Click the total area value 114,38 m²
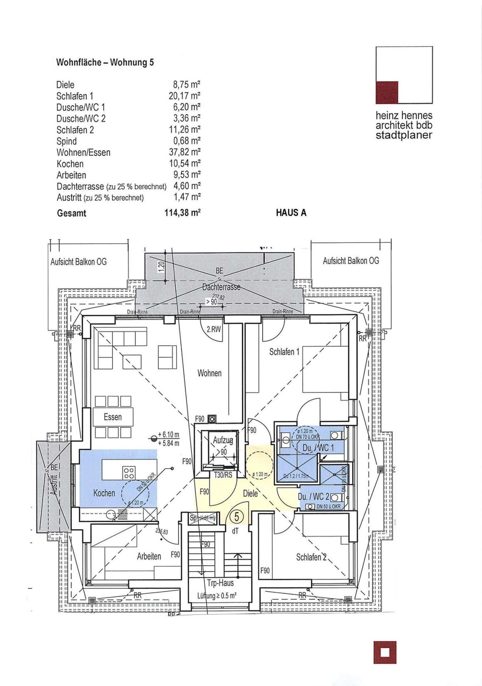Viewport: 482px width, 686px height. click(x=183, y=213)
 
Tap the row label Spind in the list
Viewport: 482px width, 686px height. click(x=66, y=141)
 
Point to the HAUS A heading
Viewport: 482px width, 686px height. click(x=291, y=213)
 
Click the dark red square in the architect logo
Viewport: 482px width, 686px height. click(x=387, y=92)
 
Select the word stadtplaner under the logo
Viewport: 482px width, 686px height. click(x=404, y=135)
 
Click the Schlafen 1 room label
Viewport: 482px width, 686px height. click(x=284, y=352)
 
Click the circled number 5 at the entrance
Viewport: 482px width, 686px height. click(x=236, y=517)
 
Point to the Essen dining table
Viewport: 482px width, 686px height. click(x=113, y=417)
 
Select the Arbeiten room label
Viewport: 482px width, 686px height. click(x=149, y=556)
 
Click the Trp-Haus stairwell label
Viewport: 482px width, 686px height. click(x=220, y=583)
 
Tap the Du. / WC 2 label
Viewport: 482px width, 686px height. click(x=313, y=497)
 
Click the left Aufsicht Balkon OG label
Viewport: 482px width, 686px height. click(x=79, y=262)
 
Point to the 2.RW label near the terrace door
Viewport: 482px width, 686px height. click(x=214, y=330)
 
